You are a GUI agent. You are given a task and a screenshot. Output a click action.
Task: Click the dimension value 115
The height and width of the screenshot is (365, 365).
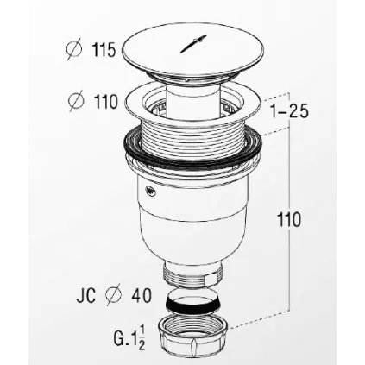click(x=104, y=50)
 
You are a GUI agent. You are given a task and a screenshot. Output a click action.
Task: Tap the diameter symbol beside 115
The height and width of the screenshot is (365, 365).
click(x=73, y=50)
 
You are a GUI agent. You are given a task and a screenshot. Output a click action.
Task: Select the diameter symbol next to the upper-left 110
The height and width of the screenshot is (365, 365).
click(x=76, y=101)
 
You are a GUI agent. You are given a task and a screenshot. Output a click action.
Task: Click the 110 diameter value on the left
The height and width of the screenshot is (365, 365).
click(x=106, y=101)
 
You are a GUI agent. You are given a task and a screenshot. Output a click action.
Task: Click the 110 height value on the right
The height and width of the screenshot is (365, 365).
click(x=289, y=219)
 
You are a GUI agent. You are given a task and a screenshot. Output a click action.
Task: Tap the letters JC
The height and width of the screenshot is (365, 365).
click(x=85, y=295)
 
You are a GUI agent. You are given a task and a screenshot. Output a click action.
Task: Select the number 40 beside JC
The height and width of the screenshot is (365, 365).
click(x=142, y=295)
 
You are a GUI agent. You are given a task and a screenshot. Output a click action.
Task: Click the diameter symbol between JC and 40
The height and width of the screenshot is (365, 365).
click(x=113, y=295)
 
